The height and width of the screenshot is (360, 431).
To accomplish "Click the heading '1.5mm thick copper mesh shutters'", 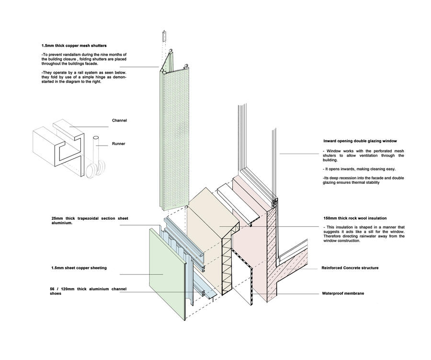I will tap(74, 45).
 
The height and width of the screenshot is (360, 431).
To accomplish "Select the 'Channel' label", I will tap(119, 120).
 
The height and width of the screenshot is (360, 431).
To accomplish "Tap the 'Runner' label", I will tap(119, 144).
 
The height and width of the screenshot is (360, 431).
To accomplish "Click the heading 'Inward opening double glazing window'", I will tap(360, 142).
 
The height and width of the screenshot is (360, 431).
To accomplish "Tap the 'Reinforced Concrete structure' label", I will tap(350, 268).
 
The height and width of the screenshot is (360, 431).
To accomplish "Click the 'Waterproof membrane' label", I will tap(342, 293).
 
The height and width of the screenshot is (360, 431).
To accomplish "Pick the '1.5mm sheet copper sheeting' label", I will tap(79, 268).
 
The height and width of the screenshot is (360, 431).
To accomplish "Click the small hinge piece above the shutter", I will tap(163, 35).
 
